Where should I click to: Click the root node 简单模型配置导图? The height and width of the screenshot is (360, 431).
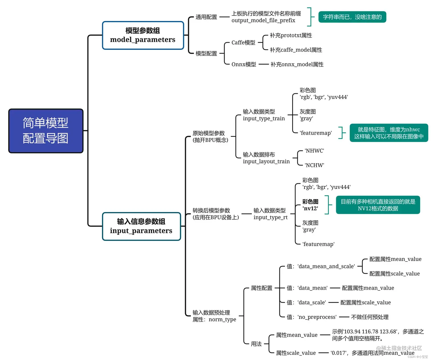point(46,131)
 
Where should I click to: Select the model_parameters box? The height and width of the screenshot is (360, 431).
point(143,35)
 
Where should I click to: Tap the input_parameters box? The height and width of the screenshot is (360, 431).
point(141,226)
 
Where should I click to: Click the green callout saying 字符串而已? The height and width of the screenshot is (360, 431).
point(352,17)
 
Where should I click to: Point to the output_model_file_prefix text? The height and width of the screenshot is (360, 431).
point(263,21)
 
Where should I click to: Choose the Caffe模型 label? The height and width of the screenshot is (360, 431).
point(243,43)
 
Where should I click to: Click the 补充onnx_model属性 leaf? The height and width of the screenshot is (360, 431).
point(297,64)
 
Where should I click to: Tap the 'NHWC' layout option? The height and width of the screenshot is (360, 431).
point(314,151)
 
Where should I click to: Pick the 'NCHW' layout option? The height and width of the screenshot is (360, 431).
point(314,165)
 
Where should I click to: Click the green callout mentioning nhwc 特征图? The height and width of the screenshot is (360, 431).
point(389,133)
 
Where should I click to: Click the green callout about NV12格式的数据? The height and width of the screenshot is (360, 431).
point(378,205)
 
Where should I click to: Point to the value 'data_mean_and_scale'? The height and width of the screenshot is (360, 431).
point(326,267)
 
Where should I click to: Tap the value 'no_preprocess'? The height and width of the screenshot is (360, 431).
point(317,317)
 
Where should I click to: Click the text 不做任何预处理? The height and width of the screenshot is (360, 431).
point(370,317)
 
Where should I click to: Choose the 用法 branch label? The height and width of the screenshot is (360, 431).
point(256,344)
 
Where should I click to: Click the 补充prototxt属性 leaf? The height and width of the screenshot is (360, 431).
point(291,35)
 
